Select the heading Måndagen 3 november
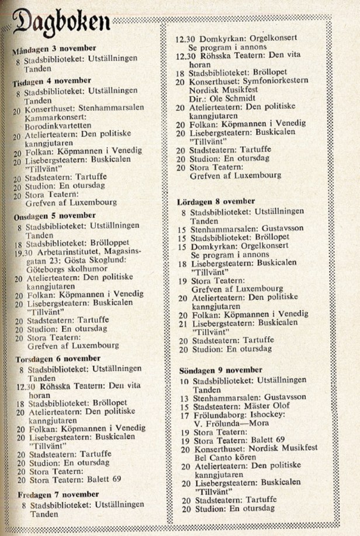coord(54,50)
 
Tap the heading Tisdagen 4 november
coord(51,81)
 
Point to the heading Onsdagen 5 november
coord(54,215)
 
